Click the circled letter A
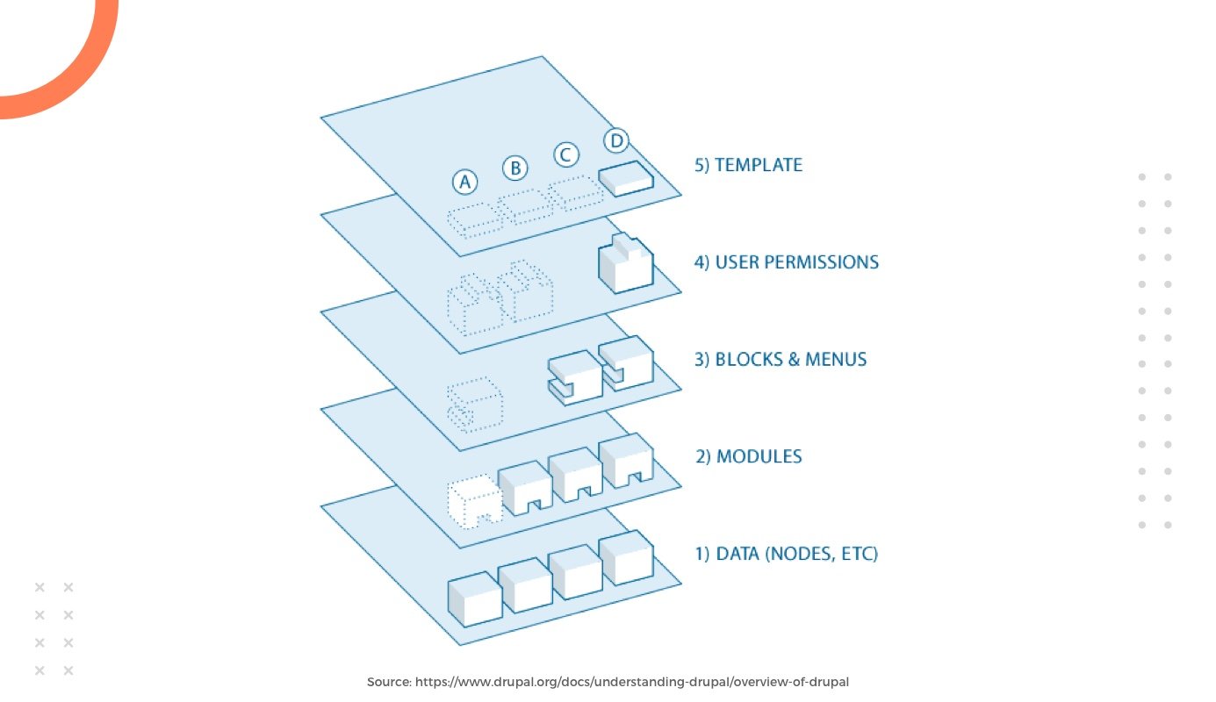click(x=464, y=182)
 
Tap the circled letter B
click(x=514, y=168)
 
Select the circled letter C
click(x=566, y=155)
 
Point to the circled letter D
click(x=616, y=140)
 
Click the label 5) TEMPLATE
click(x=748, y=165)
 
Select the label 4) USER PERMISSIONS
click(x=786, y=262)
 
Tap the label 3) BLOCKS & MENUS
click(x=781, y=360)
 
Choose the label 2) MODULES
click(x=748, y=457)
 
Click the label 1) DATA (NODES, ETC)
click(x=786, y=555)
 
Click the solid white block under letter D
click(x=626, y=178)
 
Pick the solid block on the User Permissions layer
click(x=626, y=262)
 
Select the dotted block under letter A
click(x=474, y=220)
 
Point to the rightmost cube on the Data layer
click(x=626, y=557)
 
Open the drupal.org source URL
click(x=632, y=682)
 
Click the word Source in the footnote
click(x=388, y=682)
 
